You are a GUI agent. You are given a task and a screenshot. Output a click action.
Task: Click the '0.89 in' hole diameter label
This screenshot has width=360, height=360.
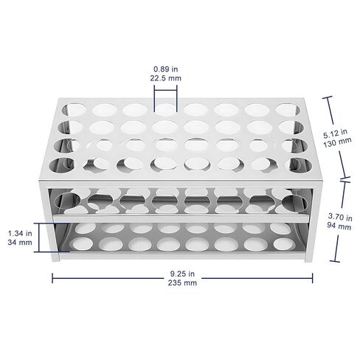click(x=165, y=69)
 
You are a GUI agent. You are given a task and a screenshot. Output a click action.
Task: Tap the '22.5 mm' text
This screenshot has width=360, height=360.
click(x=165, y=78)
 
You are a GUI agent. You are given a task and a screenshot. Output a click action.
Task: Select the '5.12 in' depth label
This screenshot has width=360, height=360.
click(x=335, y=134)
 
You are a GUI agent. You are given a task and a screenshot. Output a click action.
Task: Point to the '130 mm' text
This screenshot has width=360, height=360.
click(x=337, y=142)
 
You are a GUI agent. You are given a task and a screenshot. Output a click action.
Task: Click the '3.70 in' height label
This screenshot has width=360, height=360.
click(x=340, y=217)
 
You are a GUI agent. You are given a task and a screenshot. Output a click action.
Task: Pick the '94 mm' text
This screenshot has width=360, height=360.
click(x=339, y=226)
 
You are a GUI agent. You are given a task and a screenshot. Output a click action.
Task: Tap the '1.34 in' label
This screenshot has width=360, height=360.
click(x=20, y=233)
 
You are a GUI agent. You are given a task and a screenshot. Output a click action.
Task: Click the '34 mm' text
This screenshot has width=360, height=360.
click(x=20, y=242)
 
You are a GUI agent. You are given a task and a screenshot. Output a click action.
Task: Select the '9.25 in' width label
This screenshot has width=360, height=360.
click(x=182, y=274)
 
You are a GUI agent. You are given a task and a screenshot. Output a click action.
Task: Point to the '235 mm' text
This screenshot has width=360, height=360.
click(x=182, y=283)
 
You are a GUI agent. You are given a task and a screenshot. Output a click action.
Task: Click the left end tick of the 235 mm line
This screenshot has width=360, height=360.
click(x=52, y=278)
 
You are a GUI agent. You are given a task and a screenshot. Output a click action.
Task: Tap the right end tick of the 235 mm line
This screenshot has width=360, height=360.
click(x=312, y=278)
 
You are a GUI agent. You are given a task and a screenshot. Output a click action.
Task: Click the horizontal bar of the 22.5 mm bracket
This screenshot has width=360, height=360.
click(x=165, y=90)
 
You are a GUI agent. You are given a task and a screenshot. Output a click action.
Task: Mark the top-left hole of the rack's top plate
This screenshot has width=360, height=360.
click(x=74, y=110)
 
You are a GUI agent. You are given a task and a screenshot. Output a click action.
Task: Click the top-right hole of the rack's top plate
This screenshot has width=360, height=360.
click(x=288, y=110)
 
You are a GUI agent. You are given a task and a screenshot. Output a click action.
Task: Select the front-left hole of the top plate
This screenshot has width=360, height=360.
click(x=62, y=165)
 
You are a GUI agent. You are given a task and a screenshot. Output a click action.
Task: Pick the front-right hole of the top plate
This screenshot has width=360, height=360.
click(x=299, y=165)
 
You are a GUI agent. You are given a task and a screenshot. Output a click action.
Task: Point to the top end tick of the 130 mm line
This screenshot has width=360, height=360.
click(x=328, y=97)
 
